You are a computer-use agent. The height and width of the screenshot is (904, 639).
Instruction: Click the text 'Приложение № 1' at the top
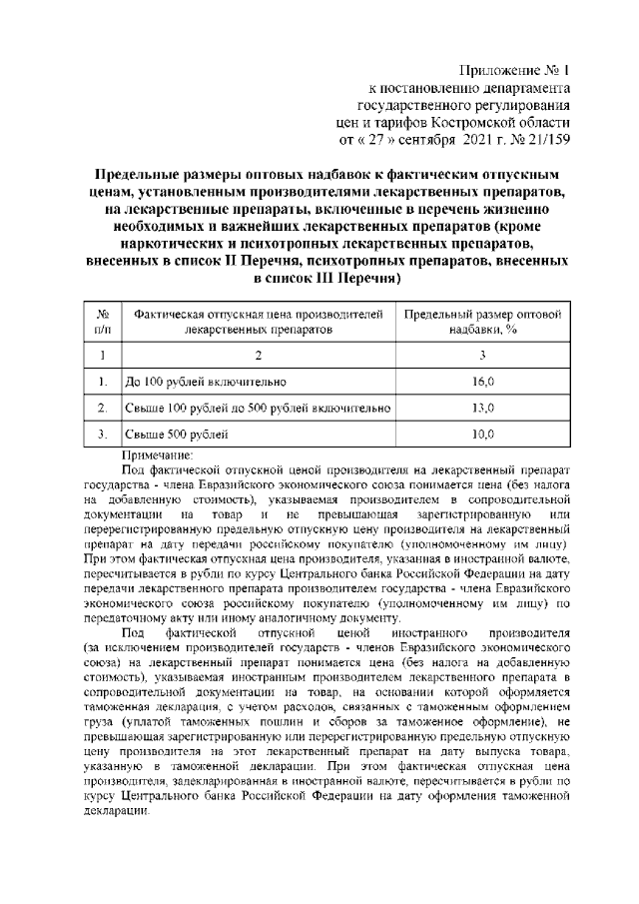point(514,70)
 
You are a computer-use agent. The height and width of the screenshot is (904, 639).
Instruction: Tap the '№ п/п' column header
point(102,320)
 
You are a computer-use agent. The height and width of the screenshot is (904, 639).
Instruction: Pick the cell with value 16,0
point(483,381)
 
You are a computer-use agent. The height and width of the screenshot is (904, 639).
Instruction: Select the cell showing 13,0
point(483,408)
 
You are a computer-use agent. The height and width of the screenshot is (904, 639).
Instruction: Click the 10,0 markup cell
point(483,435)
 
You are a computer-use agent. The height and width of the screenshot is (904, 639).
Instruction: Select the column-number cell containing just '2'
point(258,354)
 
